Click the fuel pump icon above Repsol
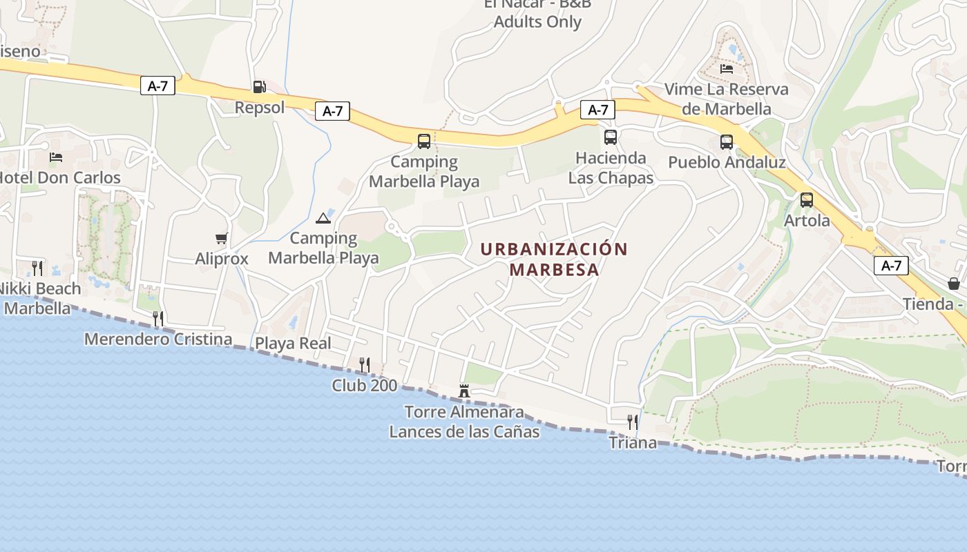point(259,87)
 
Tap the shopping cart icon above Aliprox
point(221,239)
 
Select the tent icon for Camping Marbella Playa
point(323,219)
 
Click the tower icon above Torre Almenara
point(464,392)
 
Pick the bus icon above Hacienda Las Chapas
point(610,137)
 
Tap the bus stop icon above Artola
point(806,201)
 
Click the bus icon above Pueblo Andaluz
point(726,142)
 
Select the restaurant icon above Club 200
point(364,364)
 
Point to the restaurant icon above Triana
point(632,422)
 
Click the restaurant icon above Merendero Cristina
point(158,318)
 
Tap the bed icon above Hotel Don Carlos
point(56,157)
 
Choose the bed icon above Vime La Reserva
point(726,69)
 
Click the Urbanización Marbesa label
point(554,259)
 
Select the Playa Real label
point(293,343)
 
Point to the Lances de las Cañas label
point(463,432)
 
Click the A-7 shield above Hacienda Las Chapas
point(597,110)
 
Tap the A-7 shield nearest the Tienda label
point(890,266)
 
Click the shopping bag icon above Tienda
point(953,284)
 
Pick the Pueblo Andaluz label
point(727,162)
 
